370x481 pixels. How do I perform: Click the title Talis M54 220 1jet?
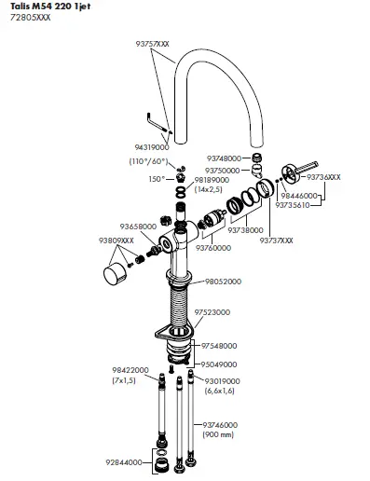(x=44, y=7)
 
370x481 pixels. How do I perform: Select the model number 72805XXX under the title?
(x=25, y=19)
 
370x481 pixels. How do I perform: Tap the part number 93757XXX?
(x=152, y=43)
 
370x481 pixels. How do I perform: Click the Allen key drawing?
(x=154, y=122)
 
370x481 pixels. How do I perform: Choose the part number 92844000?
(x=122, y=462)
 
